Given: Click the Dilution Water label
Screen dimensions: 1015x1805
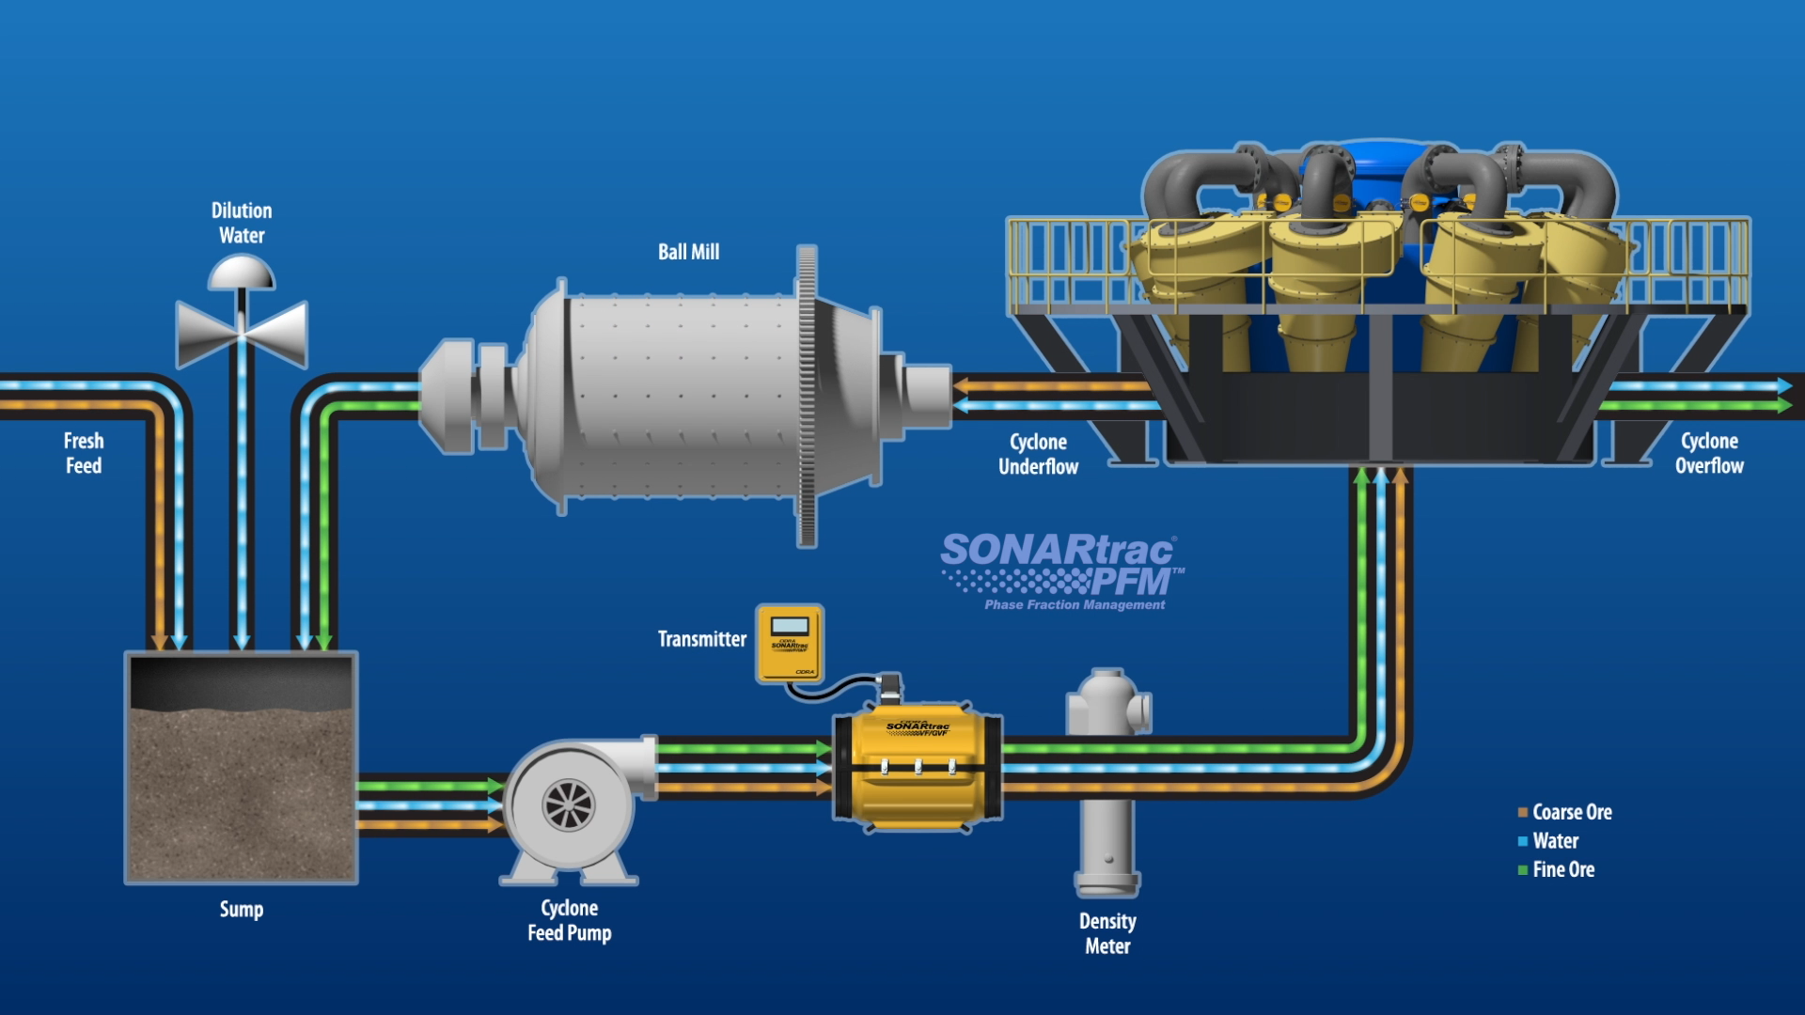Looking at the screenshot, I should (242, 223).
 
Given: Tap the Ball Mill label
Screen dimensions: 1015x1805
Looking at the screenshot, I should (688, 252).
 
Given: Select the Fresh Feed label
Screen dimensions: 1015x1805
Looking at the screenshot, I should (84, 453).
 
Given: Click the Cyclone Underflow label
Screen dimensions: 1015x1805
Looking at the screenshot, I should (1038, 454).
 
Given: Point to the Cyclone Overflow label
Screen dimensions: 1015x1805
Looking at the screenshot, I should (1708, 453).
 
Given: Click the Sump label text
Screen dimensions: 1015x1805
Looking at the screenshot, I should (242, 909).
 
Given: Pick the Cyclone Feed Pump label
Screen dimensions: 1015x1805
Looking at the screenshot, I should (570, 920).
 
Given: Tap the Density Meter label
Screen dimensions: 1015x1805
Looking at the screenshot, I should (1107, 933).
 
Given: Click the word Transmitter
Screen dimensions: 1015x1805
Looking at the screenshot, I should (701, 639).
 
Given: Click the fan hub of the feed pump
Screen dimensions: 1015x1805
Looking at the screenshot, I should (569, 805).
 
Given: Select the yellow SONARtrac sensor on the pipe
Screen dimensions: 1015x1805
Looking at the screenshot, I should (918, 766).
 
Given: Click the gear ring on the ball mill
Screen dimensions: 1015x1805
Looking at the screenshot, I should (807, 395).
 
